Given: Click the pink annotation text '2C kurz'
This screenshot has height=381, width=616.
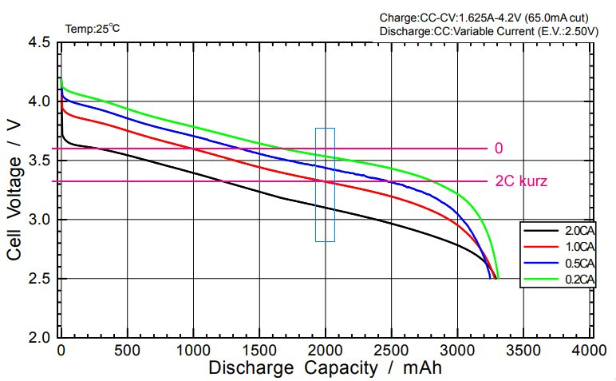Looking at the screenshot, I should tap(520, 181).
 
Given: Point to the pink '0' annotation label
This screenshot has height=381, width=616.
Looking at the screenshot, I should tap(499, 149).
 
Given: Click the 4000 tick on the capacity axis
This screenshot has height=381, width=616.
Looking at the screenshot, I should tap(590, 351).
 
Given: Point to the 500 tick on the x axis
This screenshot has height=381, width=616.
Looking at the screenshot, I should tap(128, 351).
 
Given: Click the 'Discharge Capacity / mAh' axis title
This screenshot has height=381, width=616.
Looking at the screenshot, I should tap(325, 368).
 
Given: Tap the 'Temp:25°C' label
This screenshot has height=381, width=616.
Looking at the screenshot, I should tap(93, 29).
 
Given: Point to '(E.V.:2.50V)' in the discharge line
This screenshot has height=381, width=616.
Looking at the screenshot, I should tap(570, 31).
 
